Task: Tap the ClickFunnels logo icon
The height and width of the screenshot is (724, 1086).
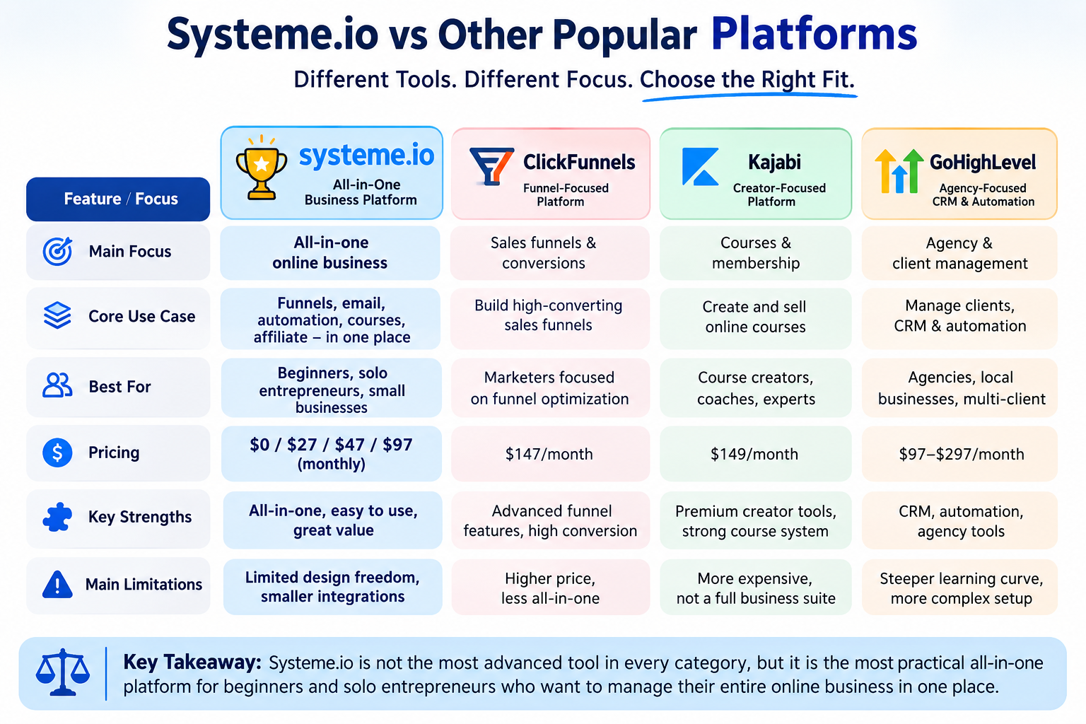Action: [491, 166]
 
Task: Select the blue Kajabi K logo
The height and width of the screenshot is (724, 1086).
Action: [700, 166]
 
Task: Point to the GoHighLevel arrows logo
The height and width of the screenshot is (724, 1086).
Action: [899, 170]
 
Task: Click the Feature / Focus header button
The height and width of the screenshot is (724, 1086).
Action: [118, 199]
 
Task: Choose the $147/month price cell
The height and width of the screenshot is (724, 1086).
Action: [550, 454]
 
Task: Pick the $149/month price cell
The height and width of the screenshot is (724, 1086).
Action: [755, 454]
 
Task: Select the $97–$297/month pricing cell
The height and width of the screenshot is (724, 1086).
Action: [959, 454]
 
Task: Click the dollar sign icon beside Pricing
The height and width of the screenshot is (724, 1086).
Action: [57, 452]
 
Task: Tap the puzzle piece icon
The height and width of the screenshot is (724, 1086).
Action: [57, 517]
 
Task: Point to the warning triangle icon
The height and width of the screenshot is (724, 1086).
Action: [57, 584]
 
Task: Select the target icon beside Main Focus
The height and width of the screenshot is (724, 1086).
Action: [57, 251]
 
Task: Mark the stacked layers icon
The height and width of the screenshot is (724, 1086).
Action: [57, 315]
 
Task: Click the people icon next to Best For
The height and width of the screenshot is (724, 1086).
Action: [57, 386]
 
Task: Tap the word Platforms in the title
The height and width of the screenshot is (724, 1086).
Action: [814, 35]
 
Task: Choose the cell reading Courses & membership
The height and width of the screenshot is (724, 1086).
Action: [755, 252]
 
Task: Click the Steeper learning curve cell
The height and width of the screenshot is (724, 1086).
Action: [959, 588]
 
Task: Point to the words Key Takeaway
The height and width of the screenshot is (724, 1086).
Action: [192, 662]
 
